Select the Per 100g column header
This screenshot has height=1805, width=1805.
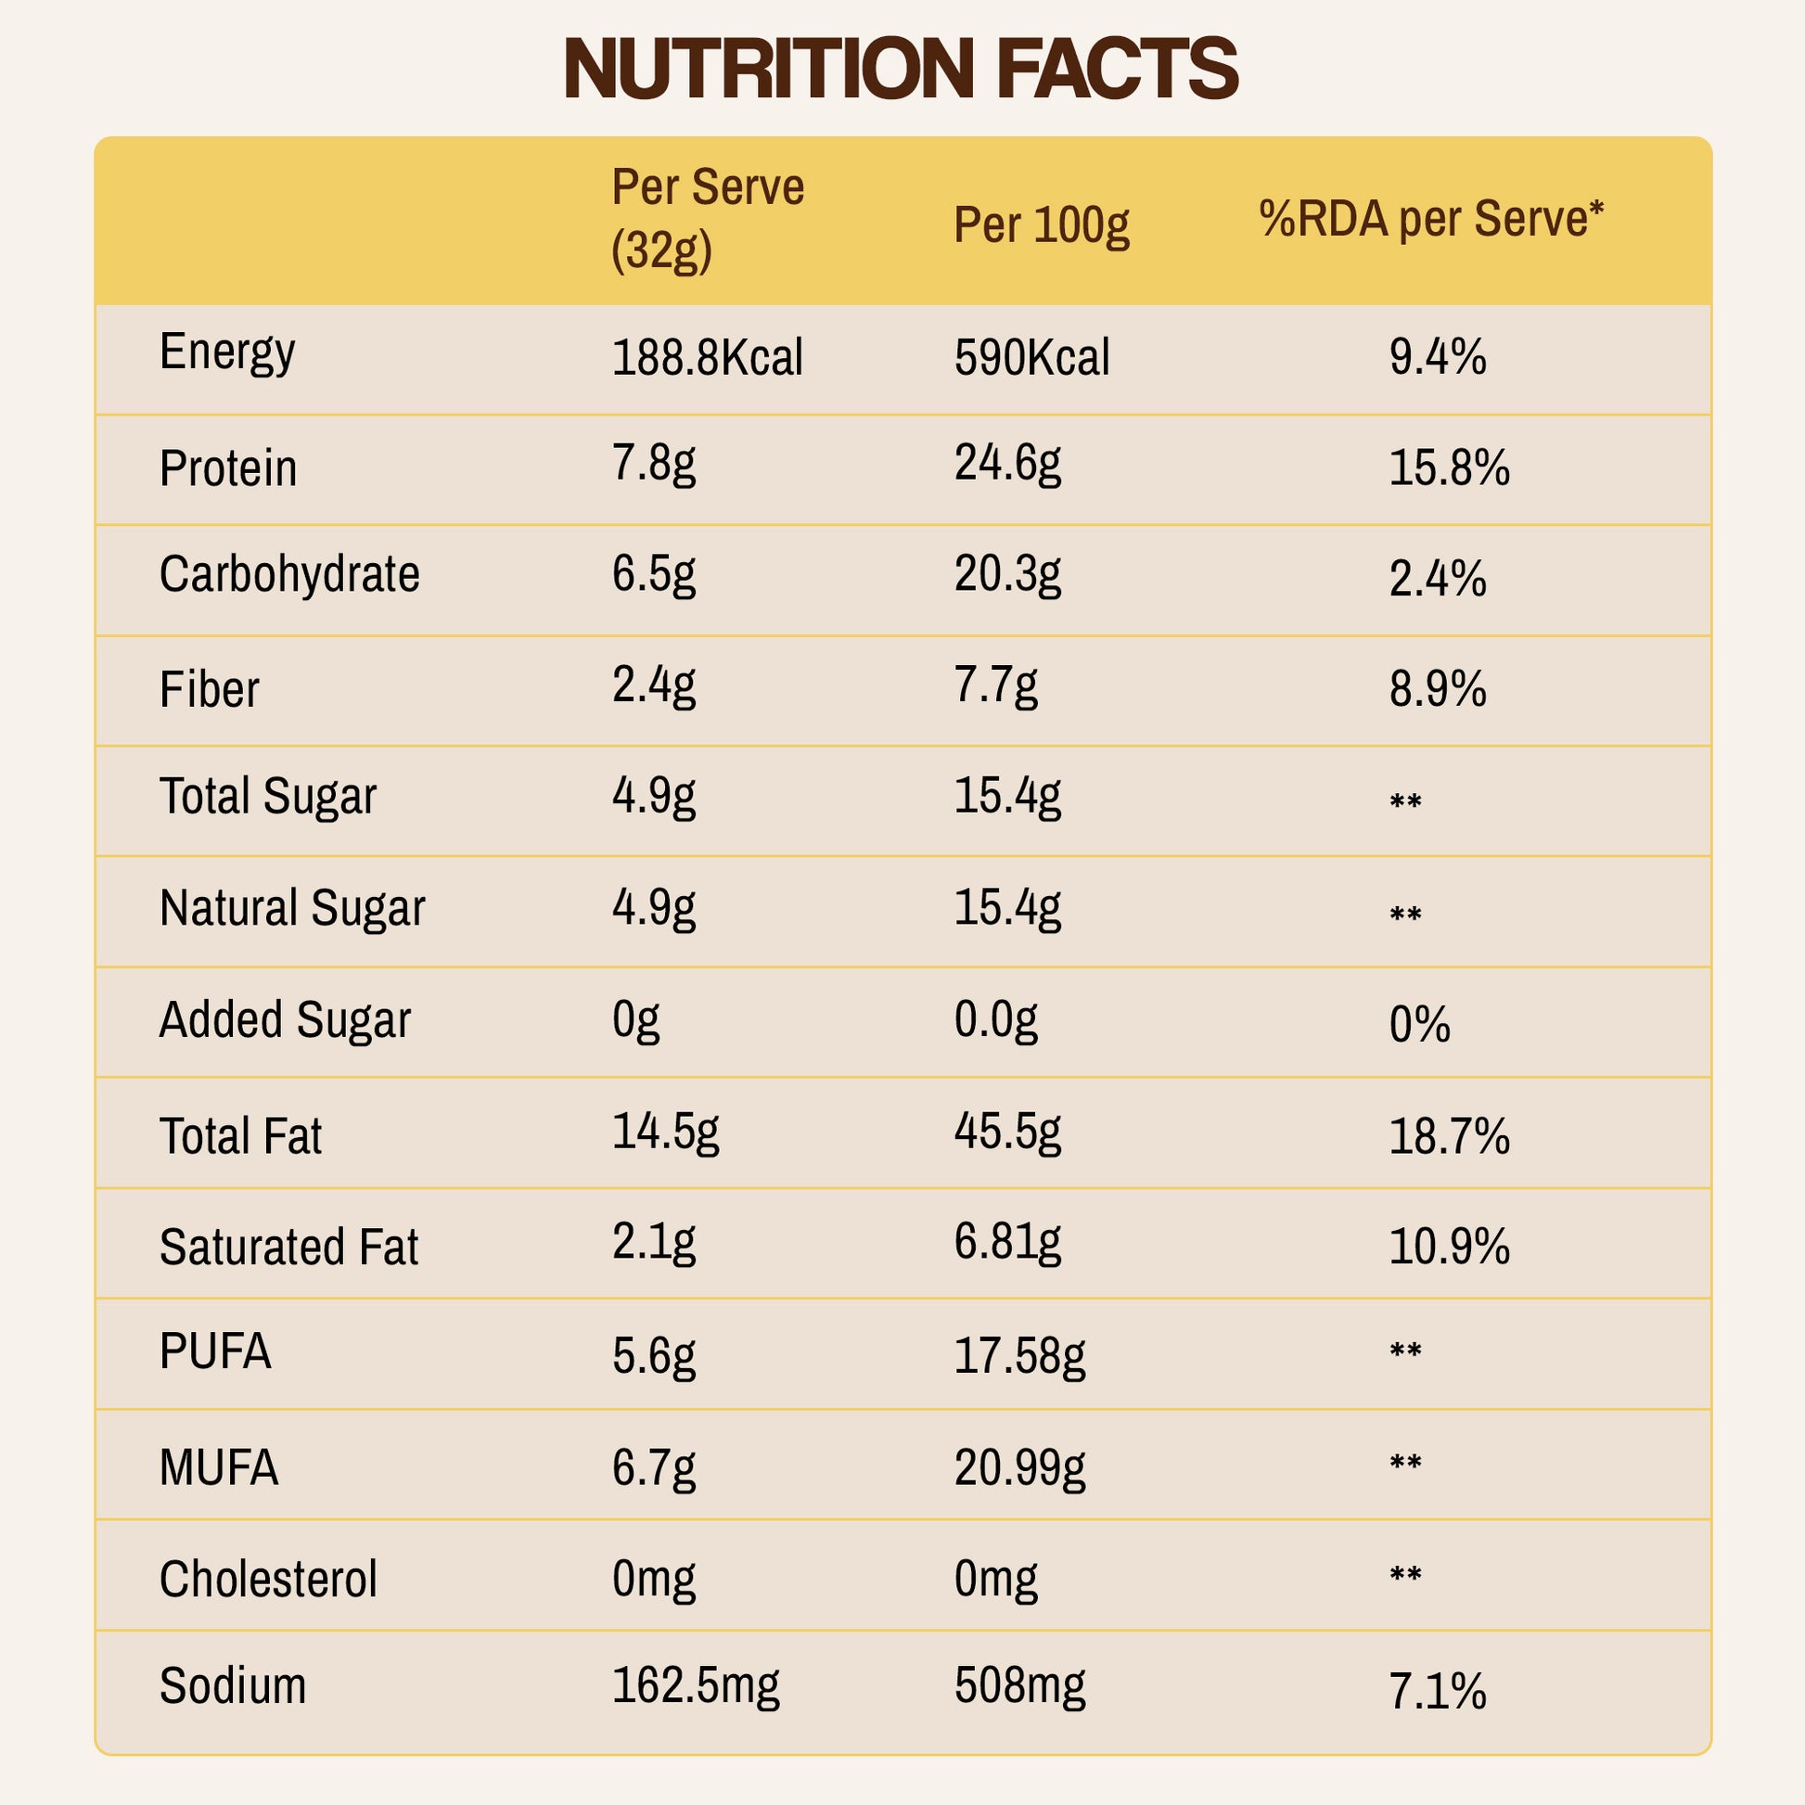(x=1041, y=225)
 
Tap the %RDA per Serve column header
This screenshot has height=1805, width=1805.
(x=1430, y=220)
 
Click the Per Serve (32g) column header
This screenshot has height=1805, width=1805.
(x=707, y=219)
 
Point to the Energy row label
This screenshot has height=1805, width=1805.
(x=227, y=352)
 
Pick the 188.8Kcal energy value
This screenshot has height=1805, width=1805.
(x=707, y=358)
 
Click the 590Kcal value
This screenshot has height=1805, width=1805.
(x=1031, y=358)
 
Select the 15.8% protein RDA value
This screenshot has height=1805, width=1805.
(x=1448, y=468)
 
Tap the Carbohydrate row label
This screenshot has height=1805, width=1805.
(x=289, y=574)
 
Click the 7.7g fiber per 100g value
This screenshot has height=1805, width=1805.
(x=995, y=686)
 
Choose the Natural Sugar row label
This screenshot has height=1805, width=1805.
(x=292, y=908)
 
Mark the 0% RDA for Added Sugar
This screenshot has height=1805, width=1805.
(x=1419, y=1025)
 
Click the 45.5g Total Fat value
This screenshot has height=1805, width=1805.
(x=1007, y=1133)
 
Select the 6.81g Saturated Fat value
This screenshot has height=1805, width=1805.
(x=1007, y=1243)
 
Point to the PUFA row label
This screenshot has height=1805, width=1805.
(x=216, y=1351)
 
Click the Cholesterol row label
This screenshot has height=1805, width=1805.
(x=268, y=1580)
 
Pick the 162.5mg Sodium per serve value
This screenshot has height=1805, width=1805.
(x=695, y=1686)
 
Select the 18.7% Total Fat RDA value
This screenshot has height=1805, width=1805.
(x=1448, y=1137)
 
